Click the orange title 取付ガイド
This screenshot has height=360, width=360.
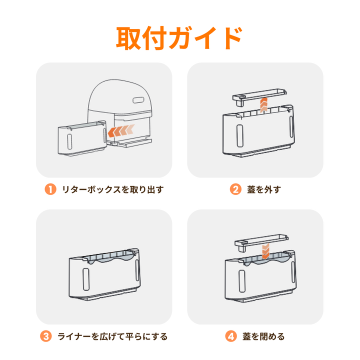(x=179, y=38)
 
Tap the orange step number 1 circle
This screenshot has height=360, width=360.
(x=50, y=189)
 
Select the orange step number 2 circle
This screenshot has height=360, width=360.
(x=235, y=189)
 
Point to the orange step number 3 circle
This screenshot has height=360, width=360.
(x=46, y=336)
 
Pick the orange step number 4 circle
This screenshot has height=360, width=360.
(x=231, y=336)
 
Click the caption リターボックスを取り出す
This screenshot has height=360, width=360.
(x=113, y=189)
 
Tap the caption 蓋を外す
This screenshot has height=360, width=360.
(x=264, y=189)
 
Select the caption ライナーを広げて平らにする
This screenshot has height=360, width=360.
(x=112, y=336)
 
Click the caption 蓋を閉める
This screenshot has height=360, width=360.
(x=263, y=336)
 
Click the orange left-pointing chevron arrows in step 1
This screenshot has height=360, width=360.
(x=121, y=130)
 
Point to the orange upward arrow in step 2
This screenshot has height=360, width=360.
(x=264, y=105)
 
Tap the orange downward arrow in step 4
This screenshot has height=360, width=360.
(x=265, y=251)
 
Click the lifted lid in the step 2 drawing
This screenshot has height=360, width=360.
(x=259, y=96)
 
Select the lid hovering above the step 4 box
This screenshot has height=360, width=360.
(x=261, y=242)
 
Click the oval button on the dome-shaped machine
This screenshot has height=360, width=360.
(x=138, y=100)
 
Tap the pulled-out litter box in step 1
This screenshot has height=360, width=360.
(x=82, y=138)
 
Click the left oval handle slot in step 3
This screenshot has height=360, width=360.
(x=86, y=279)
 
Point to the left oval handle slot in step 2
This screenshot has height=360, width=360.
(x=240, y=135)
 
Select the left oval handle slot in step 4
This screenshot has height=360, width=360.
(x=242, y=281)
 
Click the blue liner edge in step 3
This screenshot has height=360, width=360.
(x=110, y=259)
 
